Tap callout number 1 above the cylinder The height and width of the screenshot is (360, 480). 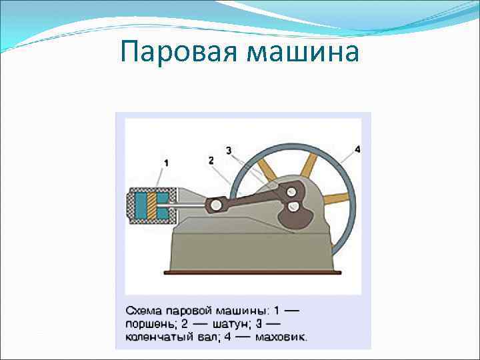pyautogui.click(x=165, y=162)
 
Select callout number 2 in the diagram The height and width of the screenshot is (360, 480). pyautogui.click(x=210, y=160)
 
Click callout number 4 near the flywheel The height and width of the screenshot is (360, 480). pyautogui.click(x=357, y=149)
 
